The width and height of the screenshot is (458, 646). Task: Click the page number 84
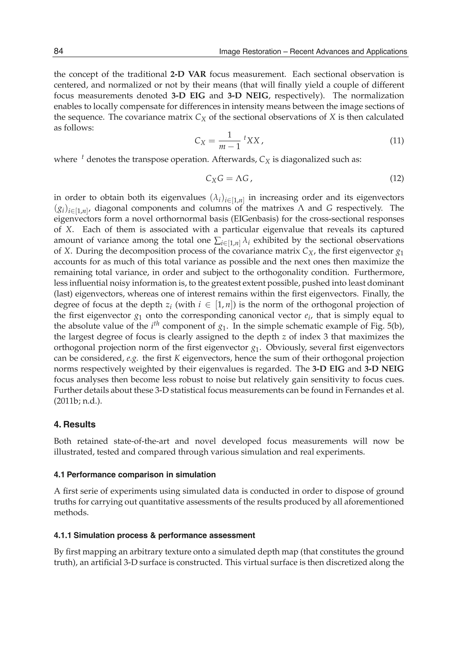coord(58,51)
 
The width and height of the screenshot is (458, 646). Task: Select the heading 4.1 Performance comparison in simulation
coord(135,474)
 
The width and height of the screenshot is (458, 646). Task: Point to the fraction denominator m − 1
coord(229,147)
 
